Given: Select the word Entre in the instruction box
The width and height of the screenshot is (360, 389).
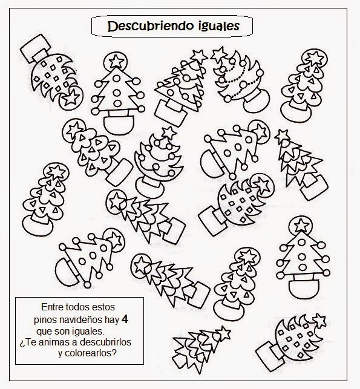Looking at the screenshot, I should tap(53, 307).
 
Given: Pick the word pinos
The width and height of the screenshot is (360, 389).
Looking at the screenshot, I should tap(46, 319).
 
